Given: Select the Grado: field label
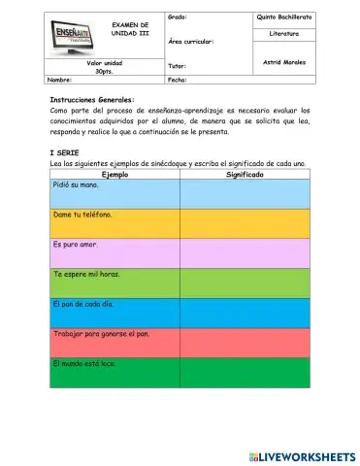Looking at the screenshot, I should (x=178, y=17).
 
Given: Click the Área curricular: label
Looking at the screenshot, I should (x=190, y=42).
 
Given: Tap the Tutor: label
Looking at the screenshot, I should (x=177, y=66).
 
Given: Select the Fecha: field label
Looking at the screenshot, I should (x=178, y=80).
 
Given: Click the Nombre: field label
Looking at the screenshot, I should (x=59, y=80).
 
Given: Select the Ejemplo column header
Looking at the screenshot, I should (x=115, y=175).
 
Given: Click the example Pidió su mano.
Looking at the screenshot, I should (x=76, y=185).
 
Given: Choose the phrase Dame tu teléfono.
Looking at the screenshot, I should (x=82, y=215).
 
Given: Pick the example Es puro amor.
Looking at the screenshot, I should (x=76, y=245).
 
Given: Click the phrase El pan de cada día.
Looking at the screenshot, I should (x=83, y=304).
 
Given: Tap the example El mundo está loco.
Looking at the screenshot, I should (x=84, y=363).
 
